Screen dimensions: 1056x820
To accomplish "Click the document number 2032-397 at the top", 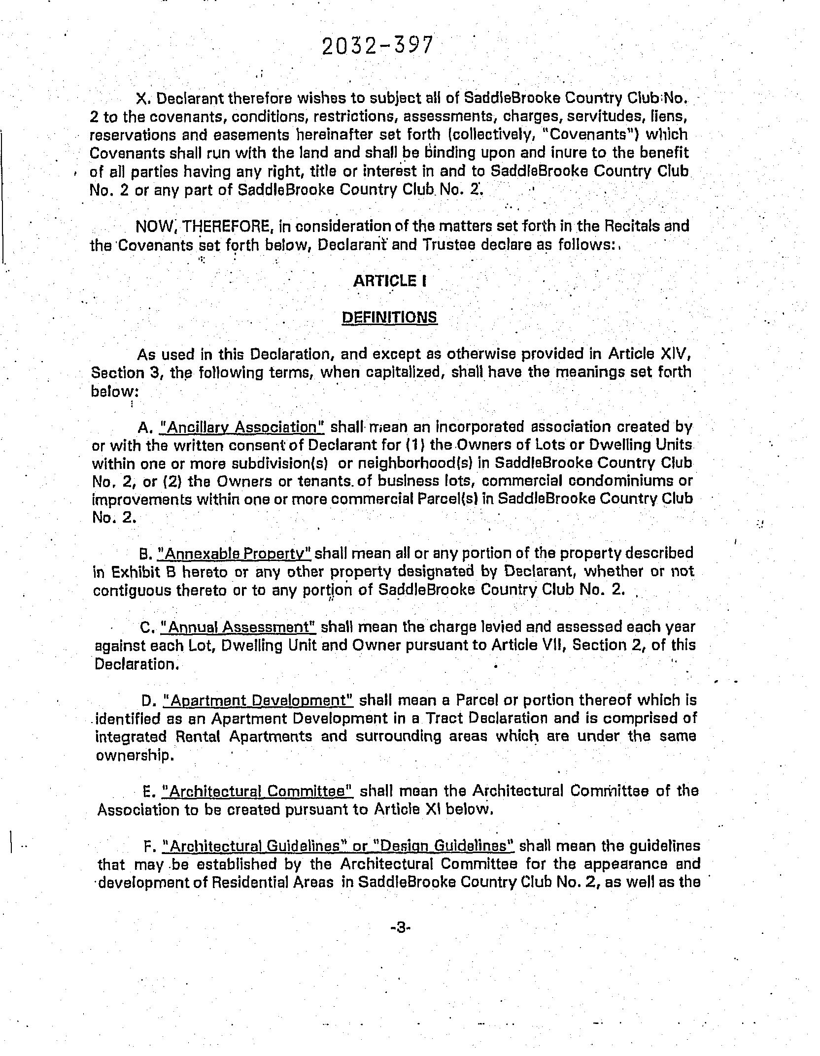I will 377,46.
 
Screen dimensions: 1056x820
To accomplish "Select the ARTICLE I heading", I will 389,281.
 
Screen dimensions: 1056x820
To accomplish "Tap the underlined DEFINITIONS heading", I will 389,317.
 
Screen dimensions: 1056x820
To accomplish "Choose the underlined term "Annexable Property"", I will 234,554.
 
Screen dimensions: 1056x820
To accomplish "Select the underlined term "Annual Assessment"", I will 241,627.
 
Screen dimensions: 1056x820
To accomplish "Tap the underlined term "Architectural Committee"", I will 258,792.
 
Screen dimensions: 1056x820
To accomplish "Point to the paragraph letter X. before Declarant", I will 142,99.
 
